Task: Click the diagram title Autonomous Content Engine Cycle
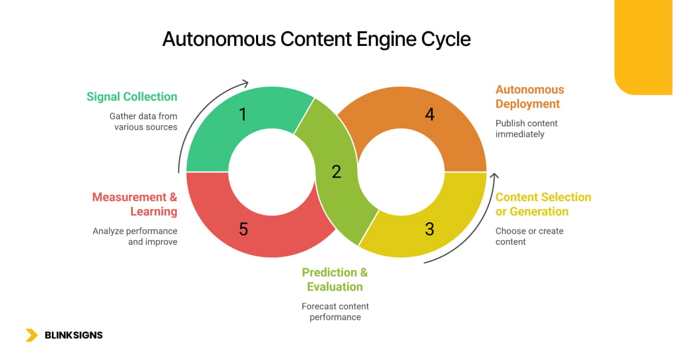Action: tap(317, 39)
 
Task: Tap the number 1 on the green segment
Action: tap(243, 114)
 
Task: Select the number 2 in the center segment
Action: tap(336, 172)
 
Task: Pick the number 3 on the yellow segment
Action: tap(430, 229)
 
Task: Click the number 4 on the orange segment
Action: tap(430, 114)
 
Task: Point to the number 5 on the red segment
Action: tap(243, 229)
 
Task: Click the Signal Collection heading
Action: tap(132, 96)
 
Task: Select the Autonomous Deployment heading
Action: tap(529, 96)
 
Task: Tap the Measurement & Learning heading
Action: tap(135, 204)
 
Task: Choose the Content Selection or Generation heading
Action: tap(543, 204)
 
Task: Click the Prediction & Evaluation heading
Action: tap(335, 279)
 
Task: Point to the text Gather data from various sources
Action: tap(144, 121)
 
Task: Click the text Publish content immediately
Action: tap(526, 128)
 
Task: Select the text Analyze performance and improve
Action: tap(135, 236)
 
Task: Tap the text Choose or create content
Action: tap(529, 236)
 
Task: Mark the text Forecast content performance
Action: tap(335, 311)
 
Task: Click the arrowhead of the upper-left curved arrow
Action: tap(245, 84)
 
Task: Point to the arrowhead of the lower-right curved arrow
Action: tap(493, 176)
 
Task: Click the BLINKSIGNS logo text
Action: tap(73, 335)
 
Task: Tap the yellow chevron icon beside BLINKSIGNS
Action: tap(31, 335)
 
